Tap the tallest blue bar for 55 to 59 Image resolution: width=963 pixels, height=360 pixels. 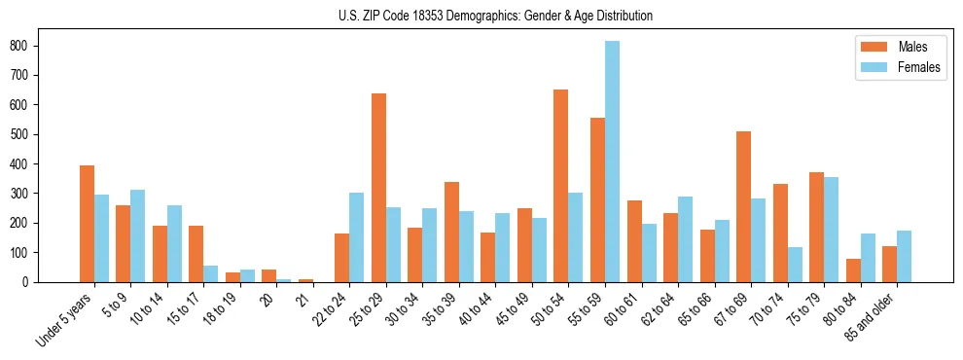pos(612,162)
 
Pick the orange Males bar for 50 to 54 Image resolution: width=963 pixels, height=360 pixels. pos(561,186)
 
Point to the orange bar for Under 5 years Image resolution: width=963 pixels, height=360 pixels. pos(87,224)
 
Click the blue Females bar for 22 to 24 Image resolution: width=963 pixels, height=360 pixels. pos(357,237)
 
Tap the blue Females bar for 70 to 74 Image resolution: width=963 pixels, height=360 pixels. pos(795,265)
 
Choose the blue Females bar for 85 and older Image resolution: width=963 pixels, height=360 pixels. pos(904,256)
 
